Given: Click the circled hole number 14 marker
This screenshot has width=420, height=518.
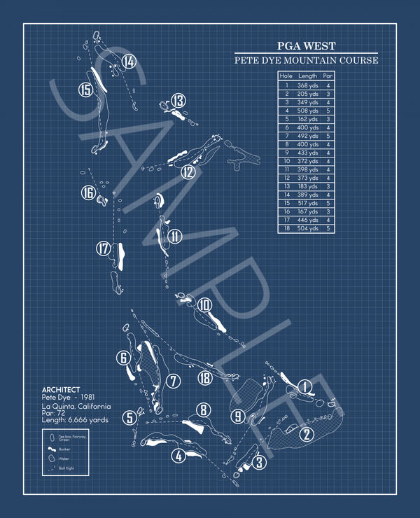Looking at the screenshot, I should click(x=128, y=62).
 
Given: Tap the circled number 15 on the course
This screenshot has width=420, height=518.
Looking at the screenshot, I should click(x=85, y=90).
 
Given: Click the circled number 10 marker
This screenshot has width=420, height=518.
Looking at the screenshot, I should click(x=204, y=304).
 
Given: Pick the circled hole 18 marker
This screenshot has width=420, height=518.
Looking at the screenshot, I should click(x=204, y=378).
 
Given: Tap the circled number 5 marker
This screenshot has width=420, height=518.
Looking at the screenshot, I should click(x=129, y=418).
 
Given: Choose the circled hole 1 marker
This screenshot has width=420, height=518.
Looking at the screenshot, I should click(x=305, y=386).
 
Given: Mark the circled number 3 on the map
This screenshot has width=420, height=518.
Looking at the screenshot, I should click(x=260, y=462).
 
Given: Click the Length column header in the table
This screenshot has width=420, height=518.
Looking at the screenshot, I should click(x=307, y=76).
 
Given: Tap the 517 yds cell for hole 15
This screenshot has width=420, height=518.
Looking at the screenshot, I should click(x=307, y=202).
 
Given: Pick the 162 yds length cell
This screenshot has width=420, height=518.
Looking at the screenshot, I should click(x=307, y=119).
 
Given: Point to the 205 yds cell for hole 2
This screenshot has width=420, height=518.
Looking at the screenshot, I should click(x=307, y=93).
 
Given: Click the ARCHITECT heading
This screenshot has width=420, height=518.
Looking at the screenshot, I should click(x=61, y=390).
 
